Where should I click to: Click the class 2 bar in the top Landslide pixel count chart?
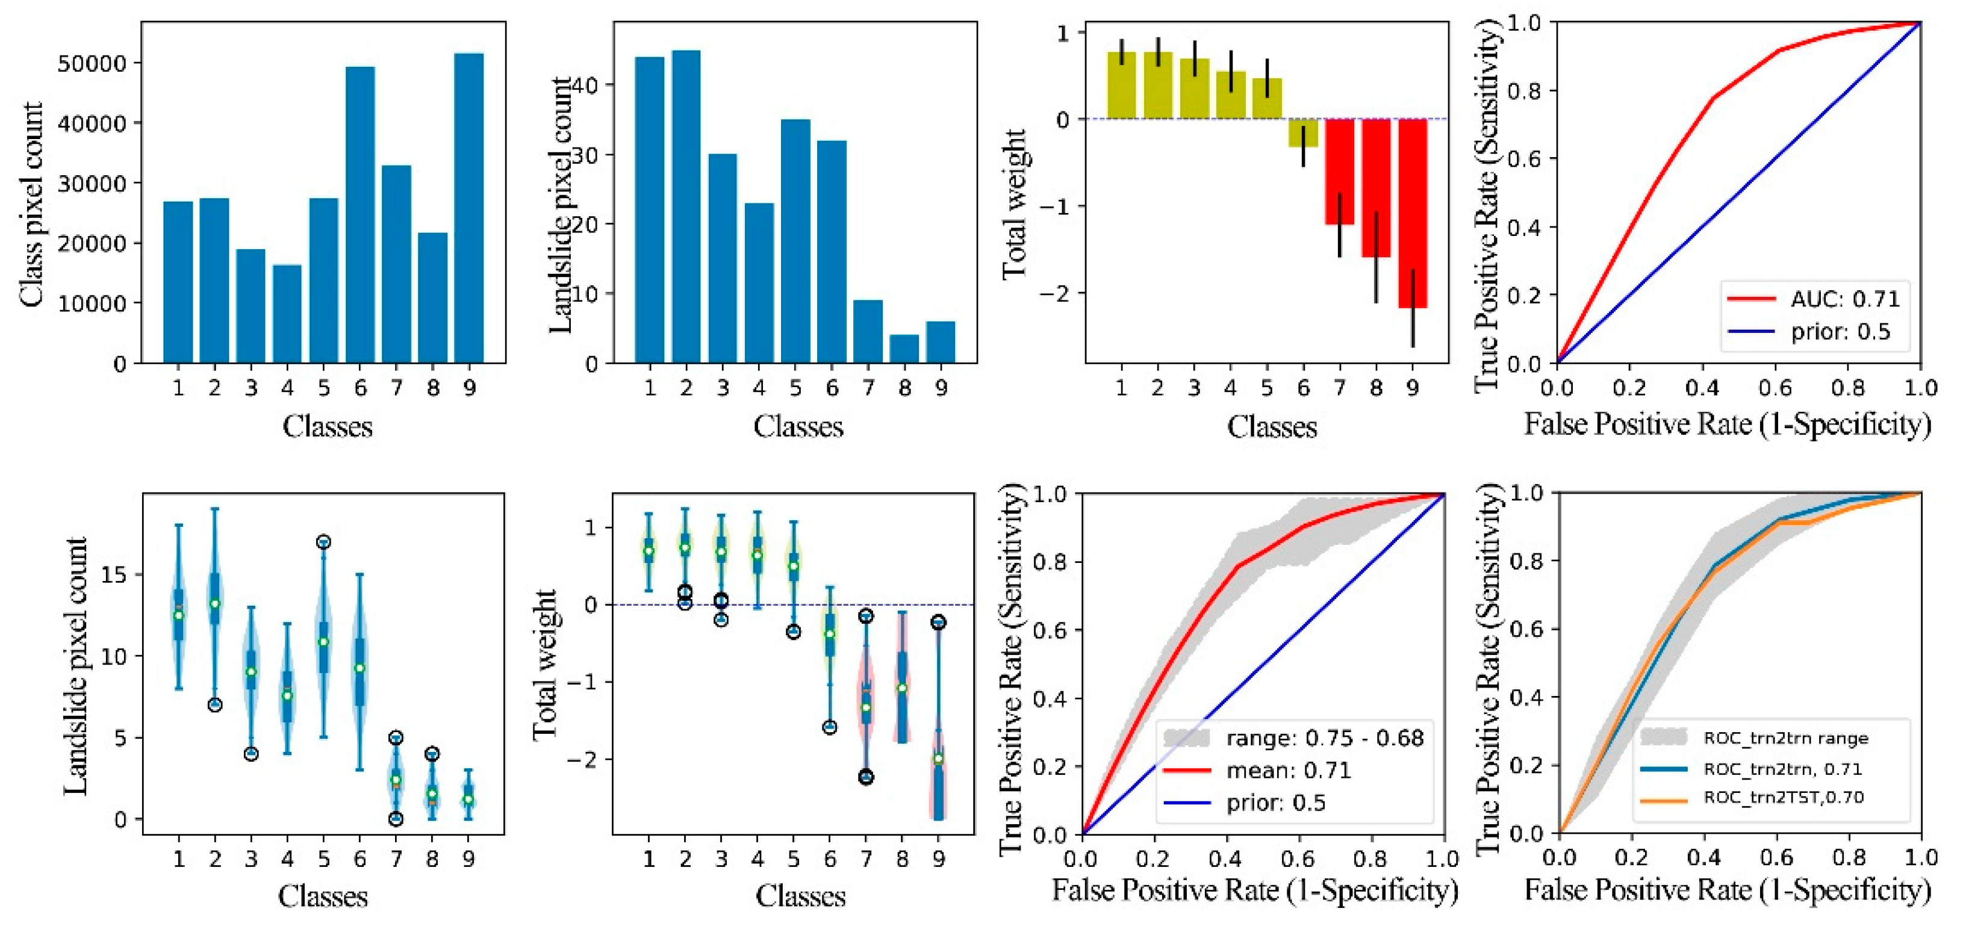click(686, 206)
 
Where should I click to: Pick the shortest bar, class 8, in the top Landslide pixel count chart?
click(904, 349)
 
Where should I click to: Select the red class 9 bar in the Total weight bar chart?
click(1412, 213)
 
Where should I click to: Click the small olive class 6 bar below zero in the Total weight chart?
click(1302, 132)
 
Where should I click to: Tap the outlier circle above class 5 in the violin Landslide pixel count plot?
click(323, 542)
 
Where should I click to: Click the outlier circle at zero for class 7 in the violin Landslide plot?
click(396, 819)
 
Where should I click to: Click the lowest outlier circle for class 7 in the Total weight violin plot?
click(866, 777)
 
